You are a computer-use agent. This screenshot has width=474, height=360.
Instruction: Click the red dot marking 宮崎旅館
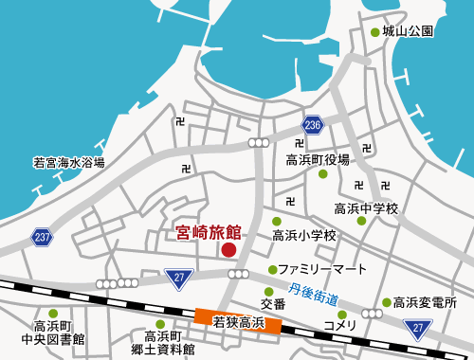pos(228,250)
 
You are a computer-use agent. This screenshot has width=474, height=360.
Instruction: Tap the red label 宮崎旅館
pos(210,230)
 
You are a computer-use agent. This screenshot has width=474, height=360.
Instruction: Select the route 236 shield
pos(314,126)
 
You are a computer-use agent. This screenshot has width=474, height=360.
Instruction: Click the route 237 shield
pos(41,236)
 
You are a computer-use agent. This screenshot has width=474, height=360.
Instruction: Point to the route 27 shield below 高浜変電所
pos(418,328)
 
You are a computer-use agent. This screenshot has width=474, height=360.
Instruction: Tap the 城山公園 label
pos(409,31)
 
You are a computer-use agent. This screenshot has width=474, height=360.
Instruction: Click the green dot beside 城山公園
pos(374,32)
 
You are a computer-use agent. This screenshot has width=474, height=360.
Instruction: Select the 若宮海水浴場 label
pos(68,162)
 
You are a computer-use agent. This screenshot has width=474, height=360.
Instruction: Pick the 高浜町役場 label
pos(318,159)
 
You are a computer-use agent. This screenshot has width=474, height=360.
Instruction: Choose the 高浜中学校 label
pos(366,207)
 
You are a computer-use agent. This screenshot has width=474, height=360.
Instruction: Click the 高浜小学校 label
pos(304,235)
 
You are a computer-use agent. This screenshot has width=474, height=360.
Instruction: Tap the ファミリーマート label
pos(321,270)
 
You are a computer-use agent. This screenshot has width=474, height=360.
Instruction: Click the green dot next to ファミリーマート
pos(273,270)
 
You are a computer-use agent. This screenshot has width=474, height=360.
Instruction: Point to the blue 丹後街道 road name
pos(315,292)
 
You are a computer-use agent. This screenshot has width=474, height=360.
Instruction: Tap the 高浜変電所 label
pos(425,303)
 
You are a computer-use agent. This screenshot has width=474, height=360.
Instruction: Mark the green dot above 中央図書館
pos(53,314)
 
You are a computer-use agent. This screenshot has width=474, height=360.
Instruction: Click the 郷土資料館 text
pos(170,349)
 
